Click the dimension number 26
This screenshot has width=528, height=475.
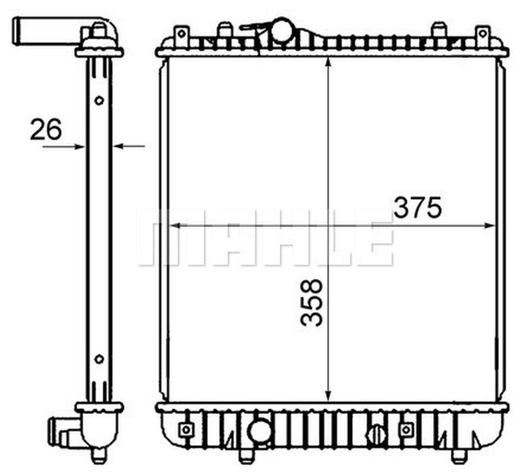point(46,129)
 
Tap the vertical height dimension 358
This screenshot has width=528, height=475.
point(311,302)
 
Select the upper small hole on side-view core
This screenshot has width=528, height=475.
point(99,100)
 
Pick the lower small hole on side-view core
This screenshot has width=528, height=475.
point(99,359)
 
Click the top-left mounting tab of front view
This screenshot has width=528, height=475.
point(181,33)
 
